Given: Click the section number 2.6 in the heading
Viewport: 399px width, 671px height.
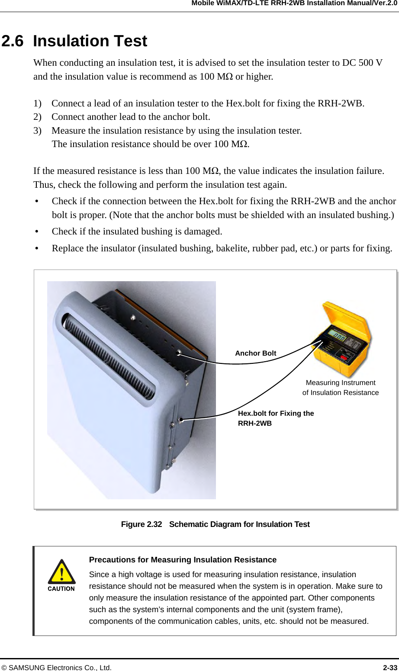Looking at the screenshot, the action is pyautogui.click(x=13, y=41).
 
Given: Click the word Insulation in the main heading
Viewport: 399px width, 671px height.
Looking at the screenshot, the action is pyautogui.click(x=69, y=41).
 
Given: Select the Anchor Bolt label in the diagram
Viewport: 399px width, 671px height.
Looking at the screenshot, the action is pyautogui.click(x=255, y=353).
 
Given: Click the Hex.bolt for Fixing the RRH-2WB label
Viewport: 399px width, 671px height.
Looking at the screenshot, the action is pyautogui.click(x=276, y=418).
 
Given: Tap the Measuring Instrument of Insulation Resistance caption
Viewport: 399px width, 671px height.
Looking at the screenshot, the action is pyautogui.click(x=341, y=388).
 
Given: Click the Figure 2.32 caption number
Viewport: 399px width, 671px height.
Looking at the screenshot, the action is pyautogui.click(x=142, y=524).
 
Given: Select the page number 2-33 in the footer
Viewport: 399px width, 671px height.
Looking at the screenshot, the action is pyautogui.click(x=390, y=668).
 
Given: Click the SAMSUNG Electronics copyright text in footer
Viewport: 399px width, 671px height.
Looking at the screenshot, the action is pyautogui.click(x=56, y=668).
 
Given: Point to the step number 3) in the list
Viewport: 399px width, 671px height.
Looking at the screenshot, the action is pyautogui.click(x=38, y=131).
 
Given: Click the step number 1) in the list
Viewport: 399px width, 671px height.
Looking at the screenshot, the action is pyautogui.click(x=38, y=103).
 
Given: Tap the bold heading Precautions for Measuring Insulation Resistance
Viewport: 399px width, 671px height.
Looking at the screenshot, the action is pyautogui.click(x=183, y=560).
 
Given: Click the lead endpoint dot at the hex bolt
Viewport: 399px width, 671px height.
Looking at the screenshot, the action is pyautogui.click(x=181, y=420).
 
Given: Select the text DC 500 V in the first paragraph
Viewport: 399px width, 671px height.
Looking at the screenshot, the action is pyautogui.click(x=362, y=63).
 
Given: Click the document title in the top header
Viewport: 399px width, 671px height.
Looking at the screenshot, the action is pyautogui.click(x=294, y=3).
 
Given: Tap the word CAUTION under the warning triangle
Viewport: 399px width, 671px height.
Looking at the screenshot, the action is pyautogui.click(x=61, y=589).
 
